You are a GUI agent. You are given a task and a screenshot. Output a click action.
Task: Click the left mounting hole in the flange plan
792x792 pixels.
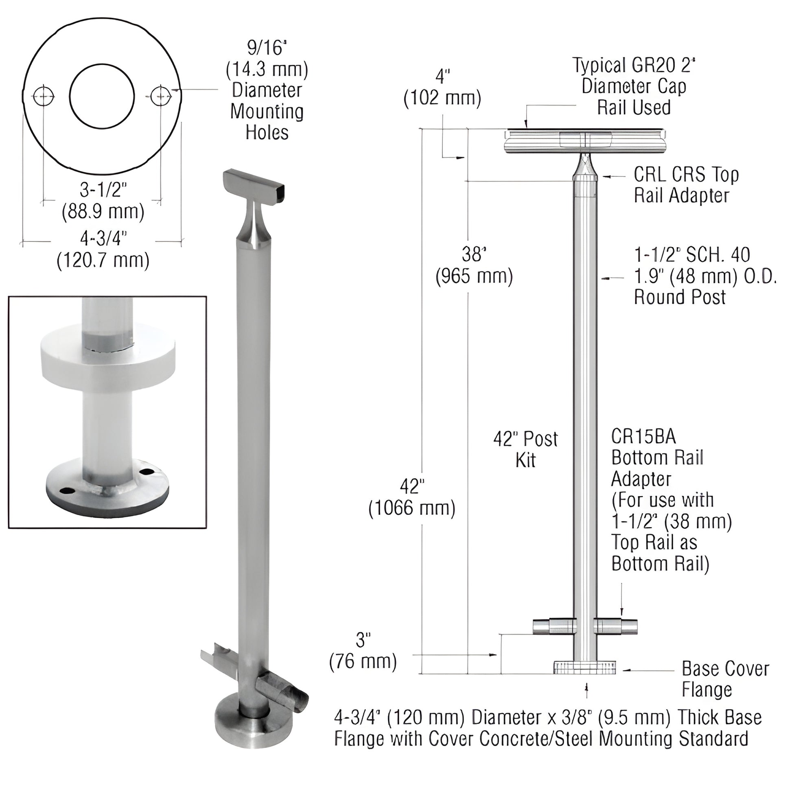44,97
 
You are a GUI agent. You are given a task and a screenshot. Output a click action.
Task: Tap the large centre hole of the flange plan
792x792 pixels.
102,96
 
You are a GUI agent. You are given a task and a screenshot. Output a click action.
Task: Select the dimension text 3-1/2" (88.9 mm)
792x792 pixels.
103,201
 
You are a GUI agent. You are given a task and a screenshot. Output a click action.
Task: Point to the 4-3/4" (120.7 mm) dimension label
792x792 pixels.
103,249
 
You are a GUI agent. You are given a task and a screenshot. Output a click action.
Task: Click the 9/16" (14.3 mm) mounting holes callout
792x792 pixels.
267,90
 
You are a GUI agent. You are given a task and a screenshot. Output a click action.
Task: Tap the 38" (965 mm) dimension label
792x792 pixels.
474,266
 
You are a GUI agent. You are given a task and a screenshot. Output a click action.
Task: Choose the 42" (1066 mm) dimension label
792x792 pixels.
412,497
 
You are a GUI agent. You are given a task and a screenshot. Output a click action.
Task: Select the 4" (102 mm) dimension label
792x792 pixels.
442,87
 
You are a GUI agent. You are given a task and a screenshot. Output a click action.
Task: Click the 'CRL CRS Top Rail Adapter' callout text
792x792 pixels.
686,185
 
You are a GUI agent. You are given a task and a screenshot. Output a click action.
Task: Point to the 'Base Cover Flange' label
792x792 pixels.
725,679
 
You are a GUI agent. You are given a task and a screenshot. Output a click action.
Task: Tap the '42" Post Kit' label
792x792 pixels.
525,449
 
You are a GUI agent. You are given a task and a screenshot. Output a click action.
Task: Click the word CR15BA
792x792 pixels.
643,437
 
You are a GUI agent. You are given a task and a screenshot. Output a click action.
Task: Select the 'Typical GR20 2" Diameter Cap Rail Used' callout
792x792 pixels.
634,87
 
